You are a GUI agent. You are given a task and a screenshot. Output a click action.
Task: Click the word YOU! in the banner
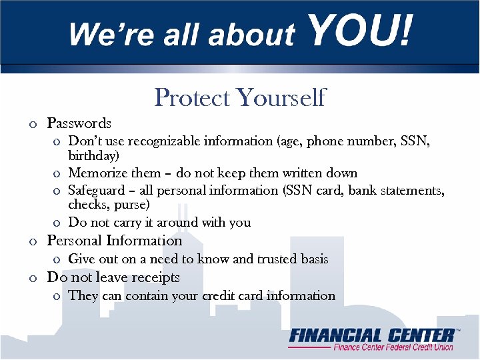[361, 31]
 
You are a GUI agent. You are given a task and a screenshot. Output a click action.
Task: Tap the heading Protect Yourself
[240, 97]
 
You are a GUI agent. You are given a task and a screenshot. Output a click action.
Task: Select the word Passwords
[79, 123]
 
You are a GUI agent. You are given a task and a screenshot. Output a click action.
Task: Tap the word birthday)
[94, 156]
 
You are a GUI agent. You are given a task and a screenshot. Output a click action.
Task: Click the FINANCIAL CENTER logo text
[371, 335]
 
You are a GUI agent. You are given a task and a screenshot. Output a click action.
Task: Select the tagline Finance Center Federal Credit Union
[393, 347]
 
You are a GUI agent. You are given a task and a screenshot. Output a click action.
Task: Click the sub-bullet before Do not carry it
[57, 223]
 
